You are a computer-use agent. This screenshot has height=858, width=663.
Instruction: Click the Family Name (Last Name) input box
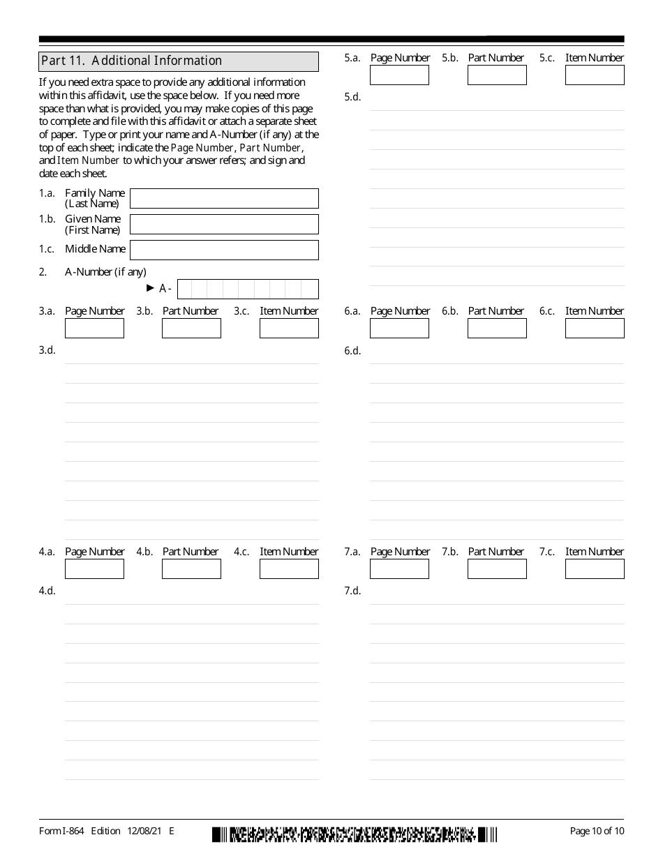pos(224,198)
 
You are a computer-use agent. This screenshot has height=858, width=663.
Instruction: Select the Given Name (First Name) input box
pos(224,224)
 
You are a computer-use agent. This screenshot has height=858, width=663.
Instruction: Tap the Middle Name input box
pos(224,250)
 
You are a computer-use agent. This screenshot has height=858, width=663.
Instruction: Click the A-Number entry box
pos(248,289)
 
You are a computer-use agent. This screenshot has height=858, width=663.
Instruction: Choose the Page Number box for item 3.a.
pos(94,328)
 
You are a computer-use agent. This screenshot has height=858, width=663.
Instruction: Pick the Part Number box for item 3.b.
pos(191,328)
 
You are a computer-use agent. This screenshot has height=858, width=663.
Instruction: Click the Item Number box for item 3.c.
pos(289,328)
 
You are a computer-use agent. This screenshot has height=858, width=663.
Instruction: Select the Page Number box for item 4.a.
pos(94,569)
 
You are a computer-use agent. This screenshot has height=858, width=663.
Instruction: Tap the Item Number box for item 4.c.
pos(289,569)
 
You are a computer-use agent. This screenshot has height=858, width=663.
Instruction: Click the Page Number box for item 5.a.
pos(399,75)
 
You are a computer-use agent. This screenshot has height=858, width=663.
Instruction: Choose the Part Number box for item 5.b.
pos(497,75)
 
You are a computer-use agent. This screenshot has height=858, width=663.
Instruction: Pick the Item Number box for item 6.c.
pos(595,328)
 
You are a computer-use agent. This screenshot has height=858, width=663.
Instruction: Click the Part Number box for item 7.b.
pos(497,569)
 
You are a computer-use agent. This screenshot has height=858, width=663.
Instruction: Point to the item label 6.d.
pos(352,351)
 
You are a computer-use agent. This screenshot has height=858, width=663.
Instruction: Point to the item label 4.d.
pos(47,591)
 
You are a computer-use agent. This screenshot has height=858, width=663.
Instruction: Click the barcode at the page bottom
pos(355,834)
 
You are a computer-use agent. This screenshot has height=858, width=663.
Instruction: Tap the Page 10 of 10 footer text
pos(597,831)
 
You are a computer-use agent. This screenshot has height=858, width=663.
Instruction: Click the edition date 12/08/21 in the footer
pos(144,831)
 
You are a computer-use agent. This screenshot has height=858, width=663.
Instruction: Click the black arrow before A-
pos(150,287)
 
